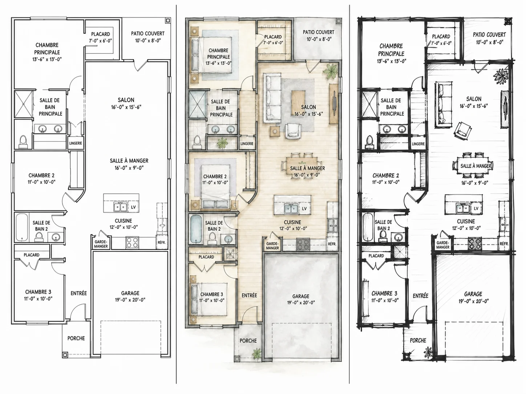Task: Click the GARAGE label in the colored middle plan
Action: point(301,296)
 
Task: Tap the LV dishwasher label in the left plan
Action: point(133,207)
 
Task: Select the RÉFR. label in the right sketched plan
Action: point(504,244)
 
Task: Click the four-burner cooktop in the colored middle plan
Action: point(303,244)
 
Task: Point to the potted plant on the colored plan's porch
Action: point(256,353)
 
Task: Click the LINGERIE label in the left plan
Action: point(76,143)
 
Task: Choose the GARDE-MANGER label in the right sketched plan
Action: point(442,245)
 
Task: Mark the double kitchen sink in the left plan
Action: point(120,207)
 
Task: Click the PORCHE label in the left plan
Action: point(76,338)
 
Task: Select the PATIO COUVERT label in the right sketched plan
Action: point(489,35)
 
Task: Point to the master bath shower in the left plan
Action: point(23,104)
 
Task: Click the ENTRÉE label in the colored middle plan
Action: point(249,295)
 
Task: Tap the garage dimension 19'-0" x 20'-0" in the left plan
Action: point(130,300)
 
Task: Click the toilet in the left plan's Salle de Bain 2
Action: point(39,237)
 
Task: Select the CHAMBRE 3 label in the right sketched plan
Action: point(384,293)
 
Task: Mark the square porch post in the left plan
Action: point(65,355)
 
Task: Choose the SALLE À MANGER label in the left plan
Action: point(129,161)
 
